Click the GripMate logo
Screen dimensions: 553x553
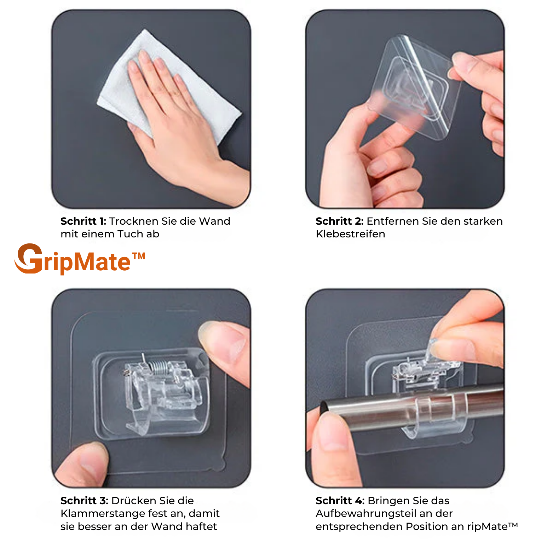[x=80, y=259]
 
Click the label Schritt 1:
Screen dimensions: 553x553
[x=83, y=221]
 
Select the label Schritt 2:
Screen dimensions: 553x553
[x=339, y=221]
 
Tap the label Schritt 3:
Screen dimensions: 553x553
[x=84, y=501]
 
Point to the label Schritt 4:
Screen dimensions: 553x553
[x=340, y=501]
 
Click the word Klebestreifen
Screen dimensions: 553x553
[x=350, y=234]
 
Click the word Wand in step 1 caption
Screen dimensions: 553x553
[x=214, y=221]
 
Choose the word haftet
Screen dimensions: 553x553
[x=201, y=526]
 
